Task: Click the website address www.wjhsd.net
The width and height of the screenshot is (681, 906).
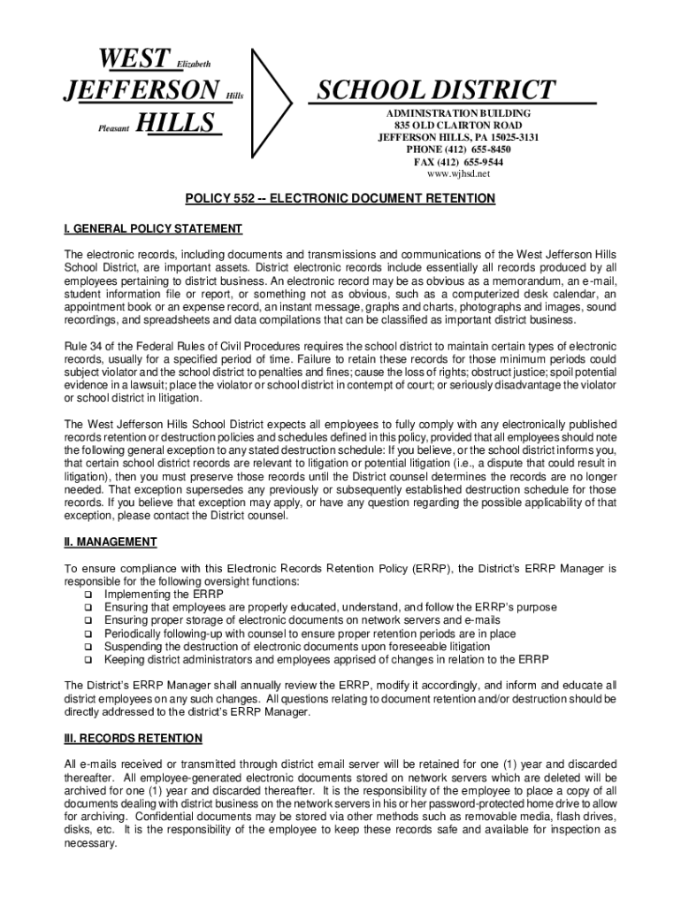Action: coord(458,174)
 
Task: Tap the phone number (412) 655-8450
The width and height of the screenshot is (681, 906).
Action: coord(458,150)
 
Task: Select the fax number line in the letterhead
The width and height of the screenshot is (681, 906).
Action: coord(458,162)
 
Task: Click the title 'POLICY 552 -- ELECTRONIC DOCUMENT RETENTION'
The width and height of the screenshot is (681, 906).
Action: coord(340,199)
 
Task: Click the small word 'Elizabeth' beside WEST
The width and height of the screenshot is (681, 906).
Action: coord(194,64)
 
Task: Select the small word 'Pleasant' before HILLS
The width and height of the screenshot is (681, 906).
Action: coord(112,129)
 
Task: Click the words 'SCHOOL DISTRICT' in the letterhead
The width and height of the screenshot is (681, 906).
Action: coord(437,89)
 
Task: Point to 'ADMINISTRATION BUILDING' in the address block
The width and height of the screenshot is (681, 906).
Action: coord(458,114)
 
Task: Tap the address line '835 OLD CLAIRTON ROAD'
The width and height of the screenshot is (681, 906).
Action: coord(458,126)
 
